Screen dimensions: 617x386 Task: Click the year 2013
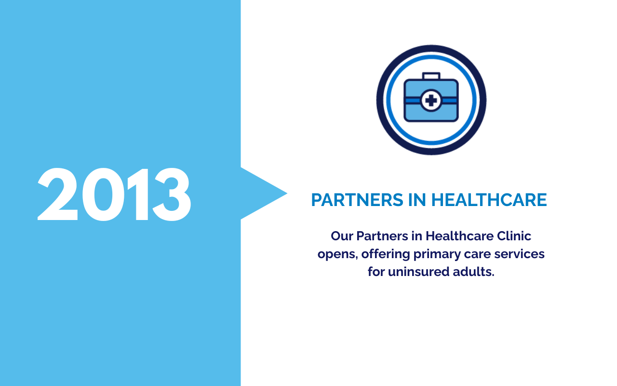tap(114, 194)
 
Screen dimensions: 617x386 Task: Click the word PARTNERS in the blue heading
tap(357, 200)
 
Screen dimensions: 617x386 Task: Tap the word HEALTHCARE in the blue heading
tap(489, 200)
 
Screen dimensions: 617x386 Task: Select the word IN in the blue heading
tap(417, 200)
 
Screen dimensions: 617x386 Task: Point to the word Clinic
tap(514, 236)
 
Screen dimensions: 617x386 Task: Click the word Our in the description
tap(342, 236)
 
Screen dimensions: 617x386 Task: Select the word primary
tap(437, 254)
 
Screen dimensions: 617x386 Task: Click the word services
tap(519, 254)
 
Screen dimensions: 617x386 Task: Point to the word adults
tap(473, 272)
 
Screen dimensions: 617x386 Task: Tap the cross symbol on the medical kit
tap(431, 100)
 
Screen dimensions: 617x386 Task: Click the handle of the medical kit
tap(431, 76)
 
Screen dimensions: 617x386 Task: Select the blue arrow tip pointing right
tap(287, 193)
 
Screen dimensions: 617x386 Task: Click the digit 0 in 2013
tap(103, 194)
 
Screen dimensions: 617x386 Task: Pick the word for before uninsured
tap(376, 271)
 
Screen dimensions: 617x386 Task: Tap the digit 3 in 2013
tap(172, 194)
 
